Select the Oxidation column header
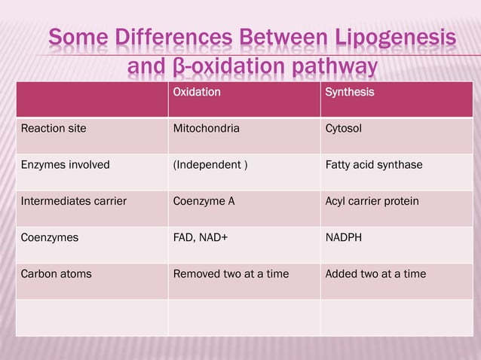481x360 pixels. point(197,93)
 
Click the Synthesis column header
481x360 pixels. point(349,93)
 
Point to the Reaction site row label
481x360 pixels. point(54,129)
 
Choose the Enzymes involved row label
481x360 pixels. point(66,165)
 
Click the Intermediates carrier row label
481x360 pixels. point(74,201)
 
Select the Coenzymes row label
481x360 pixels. point(50,237)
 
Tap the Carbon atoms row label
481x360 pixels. point(57,273)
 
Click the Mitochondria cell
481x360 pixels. point(207,129)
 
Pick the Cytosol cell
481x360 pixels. point(343,129)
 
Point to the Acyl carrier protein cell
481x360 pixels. point(372,201)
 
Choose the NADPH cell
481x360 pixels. point(343,237)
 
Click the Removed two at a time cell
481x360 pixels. point(231,273)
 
